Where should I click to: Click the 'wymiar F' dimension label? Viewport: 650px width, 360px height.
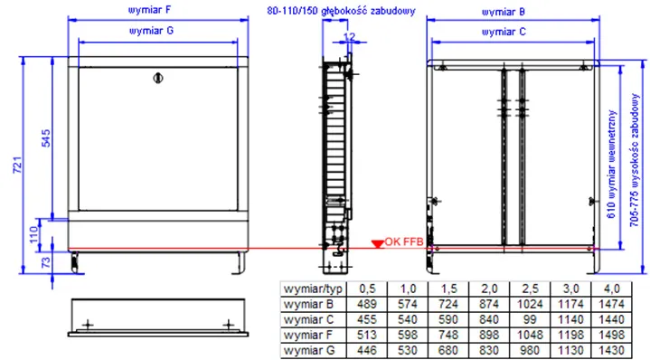pos(150,10)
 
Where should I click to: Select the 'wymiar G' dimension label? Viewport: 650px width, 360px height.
pos(151,31)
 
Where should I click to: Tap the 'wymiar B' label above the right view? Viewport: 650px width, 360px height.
pos(503,12)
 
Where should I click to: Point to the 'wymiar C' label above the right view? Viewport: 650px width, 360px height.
pos(504,32)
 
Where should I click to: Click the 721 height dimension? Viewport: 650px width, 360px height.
pos(16,165)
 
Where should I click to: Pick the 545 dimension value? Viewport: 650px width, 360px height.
pos(45,138)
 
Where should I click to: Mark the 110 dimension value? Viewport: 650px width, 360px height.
pos(34,234)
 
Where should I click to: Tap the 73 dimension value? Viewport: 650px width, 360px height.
pos(45,262)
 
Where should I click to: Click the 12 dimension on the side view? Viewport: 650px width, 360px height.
pos(349,37)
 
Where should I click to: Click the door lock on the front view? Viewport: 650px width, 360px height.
pos(158,78)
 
